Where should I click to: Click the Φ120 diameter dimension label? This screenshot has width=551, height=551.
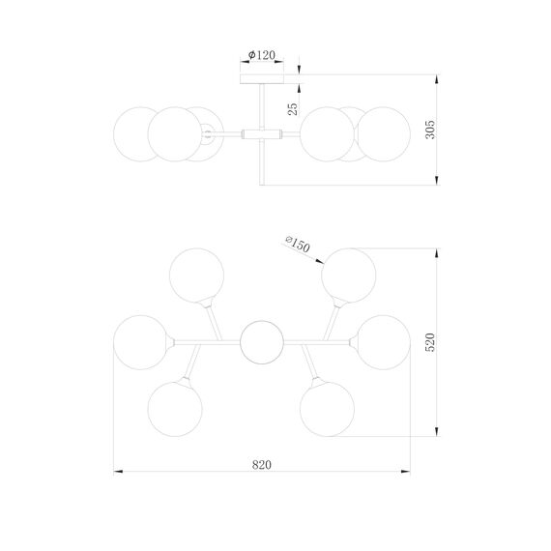tap(262, 55)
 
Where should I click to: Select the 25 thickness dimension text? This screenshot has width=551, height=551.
tap(293, 109)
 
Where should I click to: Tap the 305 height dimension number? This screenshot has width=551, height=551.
tap(430, 130)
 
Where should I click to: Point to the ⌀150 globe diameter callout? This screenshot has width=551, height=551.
tap(298, 244)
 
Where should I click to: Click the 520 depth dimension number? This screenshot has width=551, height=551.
tap(430, 342)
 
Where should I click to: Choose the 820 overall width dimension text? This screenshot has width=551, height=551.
tap(262, 465)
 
